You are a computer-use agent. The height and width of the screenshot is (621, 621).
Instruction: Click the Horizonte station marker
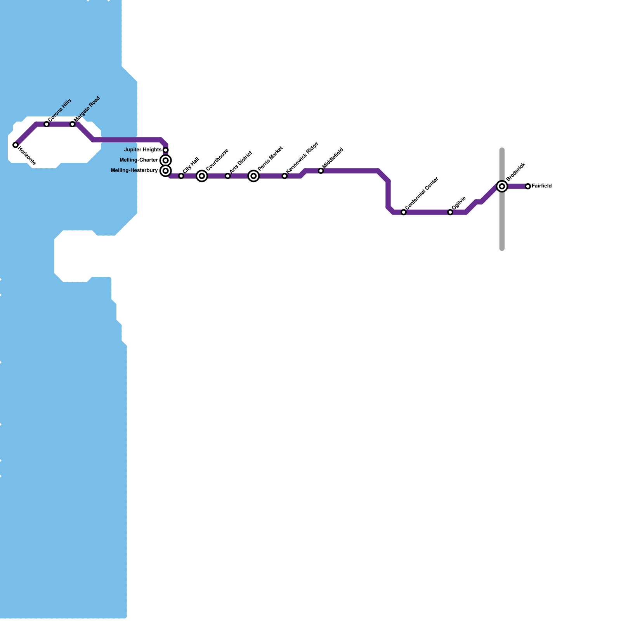16,145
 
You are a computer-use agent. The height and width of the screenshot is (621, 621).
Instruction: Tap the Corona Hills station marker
47,124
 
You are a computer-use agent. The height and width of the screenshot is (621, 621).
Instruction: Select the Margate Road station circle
73,124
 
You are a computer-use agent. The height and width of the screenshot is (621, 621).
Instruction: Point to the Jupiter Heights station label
143,150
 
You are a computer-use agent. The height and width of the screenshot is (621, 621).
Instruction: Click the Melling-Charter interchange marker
166,160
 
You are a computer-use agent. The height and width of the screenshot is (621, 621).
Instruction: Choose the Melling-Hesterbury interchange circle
166,171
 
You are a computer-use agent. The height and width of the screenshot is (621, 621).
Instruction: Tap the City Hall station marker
181,176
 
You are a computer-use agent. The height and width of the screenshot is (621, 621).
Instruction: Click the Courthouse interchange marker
202,176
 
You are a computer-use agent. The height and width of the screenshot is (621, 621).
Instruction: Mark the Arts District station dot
228,176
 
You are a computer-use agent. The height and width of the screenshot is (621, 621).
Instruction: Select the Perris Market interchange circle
254,176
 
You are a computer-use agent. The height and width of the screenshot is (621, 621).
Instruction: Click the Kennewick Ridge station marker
285,176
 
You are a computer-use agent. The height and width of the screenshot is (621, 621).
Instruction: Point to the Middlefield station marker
321,171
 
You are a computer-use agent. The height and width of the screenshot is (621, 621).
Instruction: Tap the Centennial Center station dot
404,212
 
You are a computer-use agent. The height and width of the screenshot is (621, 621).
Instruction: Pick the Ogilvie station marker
450,212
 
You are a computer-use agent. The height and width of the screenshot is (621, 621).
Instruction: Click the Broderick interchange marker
502,187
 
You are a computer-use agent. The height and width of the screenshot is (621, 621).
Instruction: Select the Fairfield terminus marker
528,187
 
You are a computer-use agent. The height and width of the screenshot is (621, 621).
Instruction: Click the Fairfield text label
541,186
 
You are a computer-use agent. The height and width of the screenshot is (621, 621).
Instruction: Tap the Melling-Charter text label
139,160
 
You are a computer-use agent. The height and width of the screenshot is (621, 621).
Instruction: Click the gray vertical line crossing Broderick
502,225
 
